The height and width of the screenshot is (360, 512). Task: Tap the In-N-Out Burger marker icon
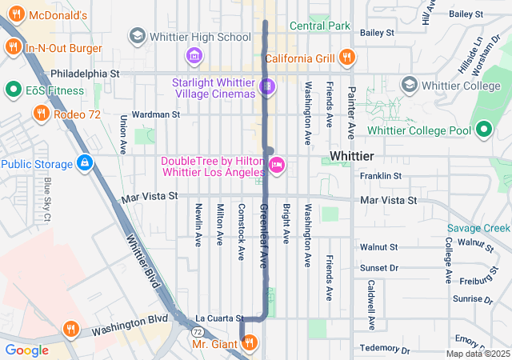tap(13, 49)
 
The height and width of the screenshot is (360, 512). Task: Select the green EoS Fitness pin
tap(13, 89)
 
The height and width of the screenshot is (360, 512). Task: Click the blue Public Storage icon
tap(84, 164)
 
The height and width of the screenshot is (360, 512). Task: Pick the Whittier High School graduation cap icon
tap(137, 36)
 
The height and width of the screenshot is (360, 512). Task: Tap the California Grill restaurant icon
tap(346, 57)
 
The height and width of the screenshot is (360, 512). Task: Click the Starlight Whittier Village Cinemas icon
tap(267, 85)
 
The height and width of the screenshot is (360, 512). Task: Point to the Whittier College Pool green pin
tap(484, 129)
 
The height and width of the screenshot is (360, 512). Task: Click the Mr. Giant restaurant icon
tap(249, 344)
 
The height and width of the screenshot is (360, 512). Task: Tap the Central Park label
tap(320, 26)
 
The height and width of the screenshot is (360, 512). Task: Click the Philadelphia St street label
tap(84, 73)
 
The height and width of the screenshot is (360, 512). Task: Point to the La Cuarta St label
tap(218, 318)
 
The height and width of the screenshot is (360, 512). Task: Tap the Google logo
tap(26, 350)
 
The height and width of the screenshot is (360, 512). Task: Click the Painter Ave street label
tap(350, 110)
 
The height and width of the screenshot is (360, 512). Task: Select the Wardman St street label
tap(155, 114)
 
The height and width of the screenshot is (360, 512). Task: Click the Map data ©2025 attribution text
tap(477, 354)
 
